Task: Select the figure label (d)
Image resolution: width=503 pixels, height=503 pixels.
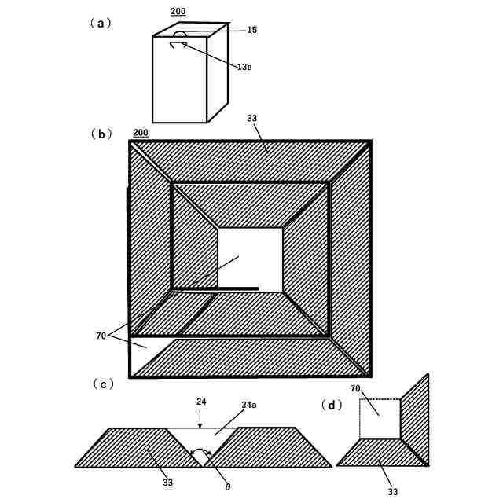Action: [x=332, y=405]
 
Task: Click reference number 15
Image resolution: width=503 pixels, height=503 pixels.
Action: [x=251, y=30]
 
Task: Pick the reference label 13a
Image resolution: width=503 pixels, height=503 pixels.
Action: [x=244, y=67]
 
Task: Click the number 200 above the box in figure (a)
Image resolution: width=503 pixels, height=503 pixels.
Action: [x=178, y=12]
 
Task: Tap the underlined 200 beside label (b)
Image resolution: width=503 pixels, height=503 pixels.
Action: [x=141, y=133]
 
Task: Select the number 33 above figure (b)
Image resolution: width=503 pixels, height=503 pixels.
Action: [x=251, y=119]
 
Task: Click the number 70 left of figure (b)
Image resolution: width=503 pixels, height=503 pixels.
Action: [x=101, y=336]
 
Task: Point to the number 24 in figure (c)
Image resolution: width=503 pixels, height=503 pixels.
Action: [x=201, y=402]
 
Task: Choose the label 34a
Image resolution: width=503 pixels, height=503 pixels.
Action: [x=248, y=405]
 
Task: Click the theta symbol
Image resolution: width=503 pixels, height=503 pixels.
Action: [x=228, y=487]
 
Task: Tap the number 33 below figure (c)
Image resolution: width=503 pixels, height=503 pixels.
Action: [x=167, y=483]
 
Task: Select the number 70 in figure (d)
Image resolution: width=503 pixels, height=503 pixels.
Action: [x=355, y=388]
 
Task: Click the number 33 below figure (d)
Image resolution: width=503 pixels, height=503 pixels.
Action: [x=392, y=491]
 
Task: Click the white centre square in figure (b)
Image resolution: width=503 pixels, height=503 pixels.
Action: [x=249, y=259]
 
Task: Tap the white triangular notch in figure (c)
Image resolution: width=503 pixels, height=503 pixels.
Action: [x=202, y=442]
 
